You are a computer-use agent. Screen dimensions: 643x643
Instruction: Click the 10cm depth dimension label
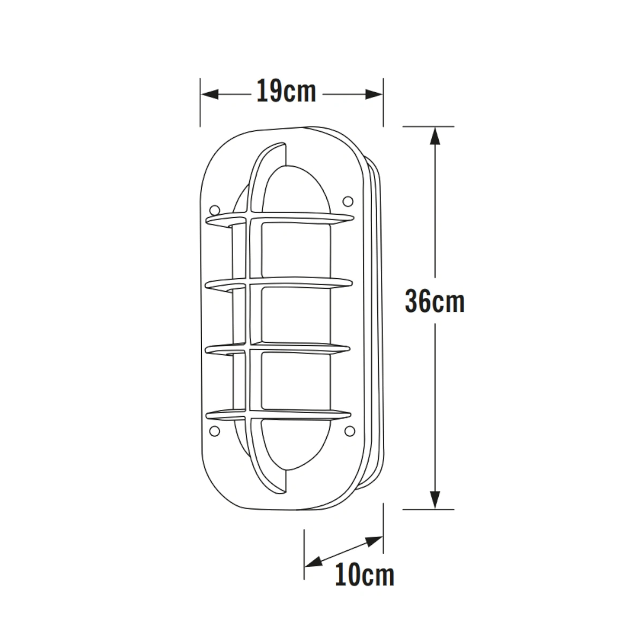[x=364, y=574]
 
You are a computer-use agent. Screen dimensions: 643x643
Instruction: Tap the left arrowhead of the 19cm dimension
[x=210, y=94]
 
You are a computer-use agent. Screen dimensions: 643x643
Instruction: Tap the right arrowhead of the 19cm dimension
[x=373, y=94]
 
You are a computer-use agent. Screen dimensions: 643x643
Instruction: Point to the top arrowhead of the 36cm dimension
[x=435, y=136]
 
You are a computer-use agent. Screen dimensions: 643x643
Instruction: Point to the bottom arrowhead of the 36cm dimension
[x=435, y=500]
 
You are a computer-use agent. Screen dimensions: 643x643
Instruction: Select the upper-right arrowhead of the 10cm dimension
[x=374, y=540]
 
